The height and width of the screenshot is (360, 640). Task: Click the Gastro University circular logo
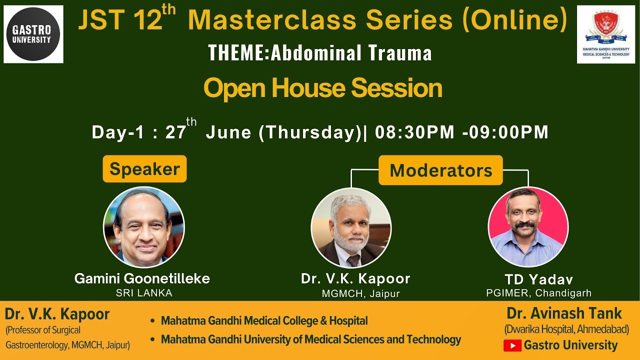pyautogui.click(x=33, y=34)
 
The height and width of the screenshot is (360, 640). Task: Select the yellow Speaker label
pyautogui.click(x=144, y=169)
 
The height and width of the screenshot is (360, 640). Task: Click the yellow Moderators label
pyautogui.click(x=440, y=170)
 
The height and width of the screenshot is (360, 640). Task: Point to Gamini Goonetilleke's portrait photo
pyautogui.click(x=144, y=227)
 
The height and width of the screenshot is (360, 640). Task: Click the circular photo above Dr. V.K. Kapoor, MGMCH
pyautogui.click(x=351, y=228)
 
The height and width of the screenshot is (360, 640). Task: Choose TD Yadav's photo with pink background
pyautogui.click(x=528, y=227)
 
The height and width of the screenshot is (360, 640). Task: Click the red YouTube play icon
pyautogui.click(x=512, y=345)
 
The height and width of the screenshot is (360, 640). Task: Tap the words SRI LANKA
pyautogui.click(x=144, y=293)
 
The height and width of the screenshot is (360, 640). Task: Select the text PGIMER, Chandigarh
pyautogui.click(x=538, y=293)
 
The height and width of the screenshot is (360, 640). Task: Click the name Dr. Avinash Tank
pyautogui.click(x=564, y=313)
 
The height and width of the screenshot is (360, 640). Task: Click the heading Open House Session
pyautogui.click(x=322, y=88)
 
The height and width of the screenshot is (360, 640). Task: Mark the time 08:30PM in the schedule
pyautogui.click(x=414, y=132)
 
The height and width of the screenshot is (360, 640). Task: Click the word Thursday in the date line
pyautogui.click(x=310, y=132)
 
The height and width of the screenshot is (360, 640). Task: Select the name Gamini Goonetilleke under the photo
pyautogui.click(x=142, y=278)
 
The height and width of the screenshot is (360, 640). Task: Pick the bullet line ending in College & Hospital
pyautogui.click(x=264, y=321)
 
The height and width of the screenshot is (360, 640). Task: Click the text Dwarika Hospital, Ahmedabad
pyautogui.click(x=566, y=330)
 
